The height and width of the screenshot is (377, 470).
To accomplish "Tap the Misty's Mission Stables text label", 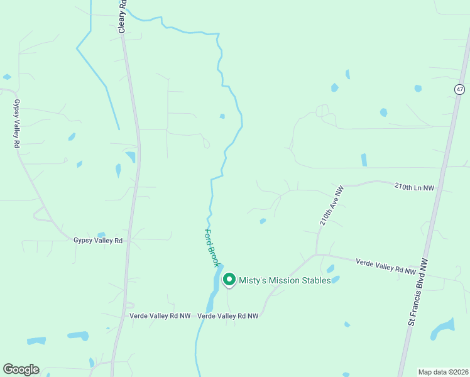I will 285,280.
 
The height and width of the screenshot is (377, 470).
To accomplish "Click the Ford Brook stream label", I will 211,246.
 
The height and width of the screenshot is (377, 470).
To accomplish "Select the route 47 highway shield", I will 460,89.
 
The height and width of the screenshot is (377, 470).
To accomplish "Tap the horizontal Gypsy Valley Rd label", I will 97,241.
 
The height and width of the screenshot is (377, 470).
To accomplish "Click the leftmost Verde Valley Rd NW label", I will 160,316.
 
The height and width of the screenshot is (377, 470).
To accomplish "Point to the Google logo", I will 21,369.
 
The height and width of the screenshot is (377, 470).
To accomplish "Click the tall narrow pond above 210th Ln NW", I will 364,160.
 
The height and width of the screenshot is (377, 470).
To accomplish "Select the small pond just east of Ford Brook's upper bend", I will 222,116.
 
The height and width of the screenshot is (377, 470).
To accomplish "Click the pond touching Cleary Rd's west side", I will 131,156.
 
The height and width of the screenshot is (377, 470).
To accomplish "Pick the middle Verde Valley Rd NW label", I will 228,316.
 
